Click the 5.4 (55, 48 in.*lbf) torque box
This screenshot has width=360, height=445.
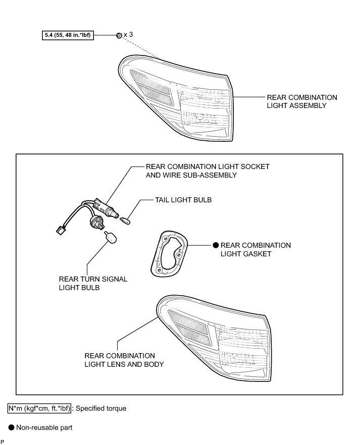tap(67, 36)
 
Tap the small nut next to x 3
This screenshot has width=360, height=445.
tap(118, 35)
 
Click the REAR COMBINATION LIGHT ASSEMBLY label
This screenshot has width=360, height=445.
tap(302, 101)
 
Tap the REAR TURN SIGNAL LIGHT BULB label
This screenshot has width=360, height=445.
tap(93, 284)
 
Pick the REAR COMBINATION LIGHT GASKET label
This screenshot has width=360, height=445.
tap(255, 250)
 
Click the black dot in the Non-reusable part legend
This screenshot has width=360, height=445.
tap(11, 427)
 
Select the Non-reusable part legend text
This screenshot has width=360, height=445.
tap(44, 427)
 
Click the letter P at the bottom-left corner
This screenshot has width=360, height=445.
tap(3, 441)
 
